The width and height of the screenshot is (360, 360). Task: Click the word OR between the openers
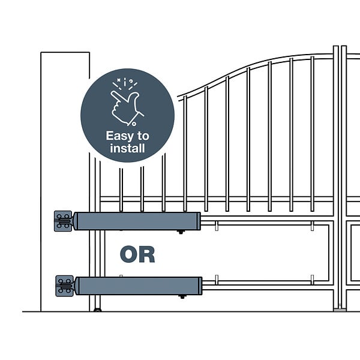[137, 254]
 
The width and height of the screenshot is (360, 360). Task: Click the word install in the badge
[127, 148]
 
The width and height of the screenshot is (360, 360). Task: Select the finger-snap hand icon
[127, 108]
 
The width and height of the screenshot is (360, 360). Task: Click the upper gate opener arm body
[137, 221]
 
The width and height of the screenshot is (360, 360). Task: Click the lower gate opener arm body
[138, 286]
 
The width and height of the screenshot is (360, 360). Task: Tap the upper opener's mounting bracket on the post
[63, 221]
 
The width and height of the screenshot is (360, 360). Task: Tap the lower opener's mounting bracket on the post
[65, 286]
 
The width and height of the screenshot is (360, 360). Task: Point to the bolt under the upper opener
[181, 232]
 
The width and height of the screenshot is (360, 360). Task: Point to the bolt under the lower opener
[182, 297]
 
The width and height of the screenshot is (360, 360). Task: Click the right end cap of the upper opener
[199, 221]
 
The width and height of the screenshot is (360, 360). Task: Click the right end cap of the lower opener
[200, 286]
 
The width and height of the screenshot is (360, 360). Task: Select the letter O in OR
[128, 254]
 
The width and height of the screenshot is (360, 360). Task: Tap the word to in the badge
[143, 136]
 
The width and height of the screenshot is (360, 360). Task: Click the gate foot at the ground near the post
[98, 310]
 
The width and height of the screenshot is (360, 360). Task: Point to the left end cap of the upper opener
[76, 221]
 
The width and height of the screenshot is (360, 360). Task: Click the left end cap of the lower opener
[77, 286]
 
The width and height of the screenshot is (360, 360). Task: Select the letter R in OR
[147, 254]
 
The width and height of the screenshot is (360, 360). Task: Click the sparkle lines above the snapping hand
[125, 83]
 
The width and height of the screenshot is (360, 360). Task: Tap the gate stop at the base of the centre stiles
[340, 310]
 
